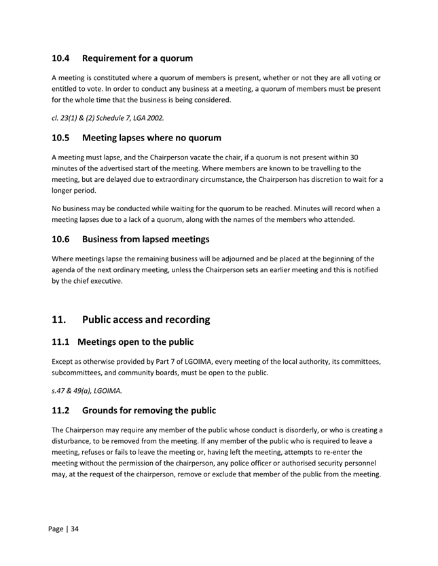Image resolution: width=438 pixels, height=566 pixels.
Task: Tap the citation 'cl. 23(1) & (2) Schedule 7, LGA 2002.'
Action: tap(107, 117)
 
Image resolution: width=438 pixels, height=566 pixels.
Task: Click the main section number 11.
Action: tap(60, 320)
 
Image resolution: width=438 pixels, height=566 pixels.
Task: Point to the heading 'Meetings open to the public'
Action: tap(143, 342)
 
